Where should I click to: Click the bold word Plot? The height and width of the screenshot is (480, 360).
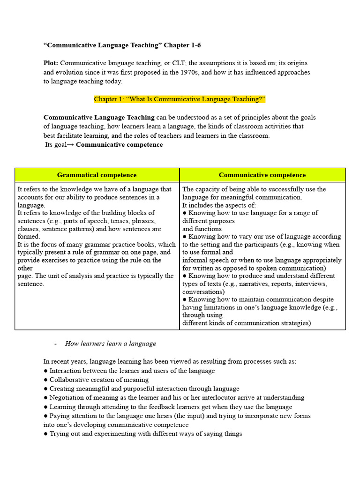(x=51, y=63)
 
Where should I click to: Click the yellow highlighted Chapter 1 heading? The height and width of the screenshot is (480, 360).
(x=180, y=99)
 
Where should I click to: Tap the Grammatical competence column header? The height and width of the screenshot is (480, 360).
(x=97, y=175)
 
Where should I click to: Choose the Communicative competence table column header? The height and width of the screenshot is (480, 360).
(x=262, y=175)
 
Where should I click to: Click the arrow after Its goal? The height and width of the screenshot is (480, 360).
(x=70, y=145)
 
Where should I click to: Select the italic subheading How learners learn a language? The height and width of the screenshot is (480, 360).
(x=110, y=344)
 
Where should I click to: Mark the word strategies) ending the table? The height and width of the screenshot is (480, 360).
(x=294, y=323)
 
